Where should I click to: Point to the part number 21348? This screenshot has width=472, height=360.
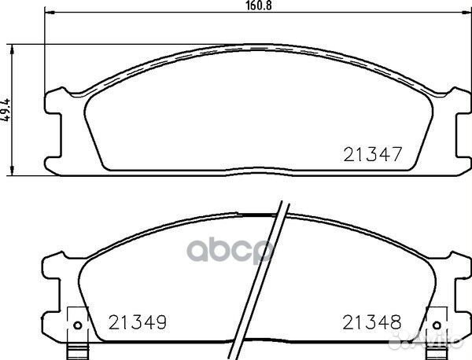tap(370, 322)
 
